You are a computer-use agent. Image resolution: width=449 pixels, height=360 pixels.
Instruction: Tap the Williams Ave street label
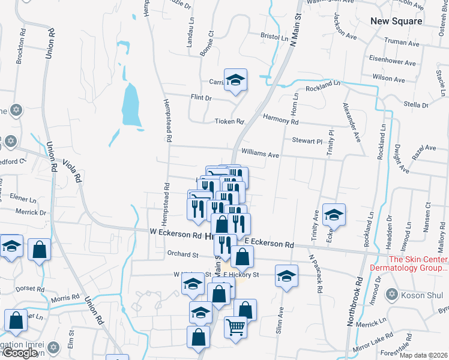260,154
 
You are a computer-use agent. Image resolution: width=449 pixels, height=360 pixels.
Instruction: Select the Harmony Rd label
280,121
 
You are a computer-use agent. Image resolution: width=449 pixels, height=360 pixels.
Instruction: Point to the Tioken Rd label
229,122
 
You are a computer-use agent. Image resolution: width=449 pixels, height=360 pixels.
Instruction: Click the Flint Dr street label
201,98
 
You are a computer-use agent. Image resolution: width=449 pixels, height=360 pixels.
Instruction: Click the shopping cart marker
235,327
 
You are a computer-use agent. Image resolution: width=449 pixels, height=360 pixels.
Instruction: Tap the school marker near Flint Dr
235,80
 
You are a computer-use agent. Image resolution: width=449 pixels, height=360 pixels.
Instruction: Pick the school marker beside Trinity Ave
334,214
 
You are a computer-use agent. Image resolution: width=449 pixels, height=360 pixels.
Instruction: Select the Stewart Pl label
307,141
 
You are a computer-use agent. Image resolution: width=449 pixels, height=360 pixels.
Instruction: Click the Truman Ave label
402,43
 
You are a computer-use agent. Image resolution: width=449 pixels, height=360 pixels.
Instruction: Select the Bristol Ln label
274,37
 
